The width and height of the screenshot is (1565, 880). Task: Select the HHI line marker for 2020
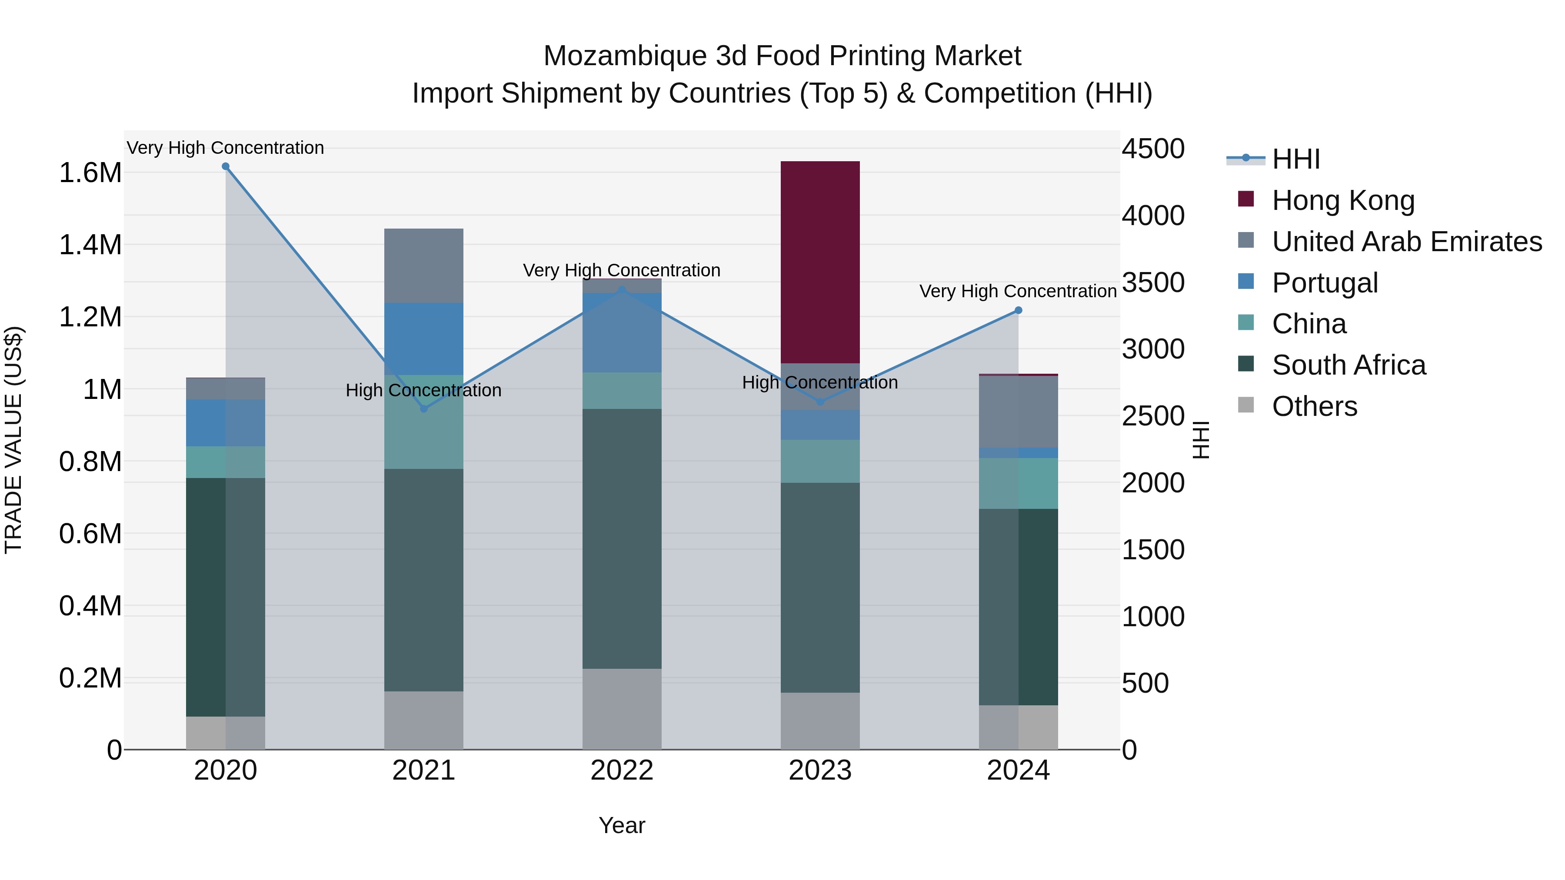[225, 166]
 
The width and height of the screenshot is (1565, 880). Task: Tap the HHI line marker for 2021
[424, 409]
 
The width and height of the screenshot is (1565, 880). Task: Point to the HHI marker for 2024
[1018, 310]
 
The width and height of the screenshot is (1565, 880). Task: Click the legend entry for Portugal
[1325, 283]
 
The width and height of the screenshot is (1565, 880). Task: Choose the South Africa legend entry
[1348, 365]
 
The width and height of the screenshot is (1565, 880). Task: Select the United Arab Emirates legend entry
[1406, 242]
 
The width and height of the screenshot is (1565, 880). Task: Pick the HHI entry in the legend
[1295, 159]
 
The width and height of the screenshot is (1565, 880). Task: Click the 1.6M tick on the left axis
[90, 173]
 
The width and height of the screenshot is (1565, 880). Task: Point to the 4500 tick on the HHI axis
[1152, 149]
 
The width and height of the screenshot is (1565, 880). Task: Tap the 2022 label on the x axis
[622, 770]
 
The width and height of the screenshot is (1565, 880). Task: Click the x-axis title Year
[622, 825]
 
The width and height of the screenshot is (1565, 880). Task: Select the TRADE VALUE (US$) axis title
[13, 440]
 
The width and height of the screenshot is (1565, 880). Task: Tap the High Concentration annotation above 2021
[423, 391]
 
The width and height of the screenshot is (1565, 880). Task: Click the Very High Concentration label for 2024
[1018, 292]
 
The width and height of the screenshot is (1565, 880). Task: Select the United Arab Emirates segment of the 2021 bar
[423, 266]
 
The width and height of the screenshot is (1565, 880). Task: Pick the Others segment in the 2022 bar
[622, 709]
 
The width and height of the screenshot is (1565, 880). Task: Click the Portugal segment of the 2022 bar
[622, 333]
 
